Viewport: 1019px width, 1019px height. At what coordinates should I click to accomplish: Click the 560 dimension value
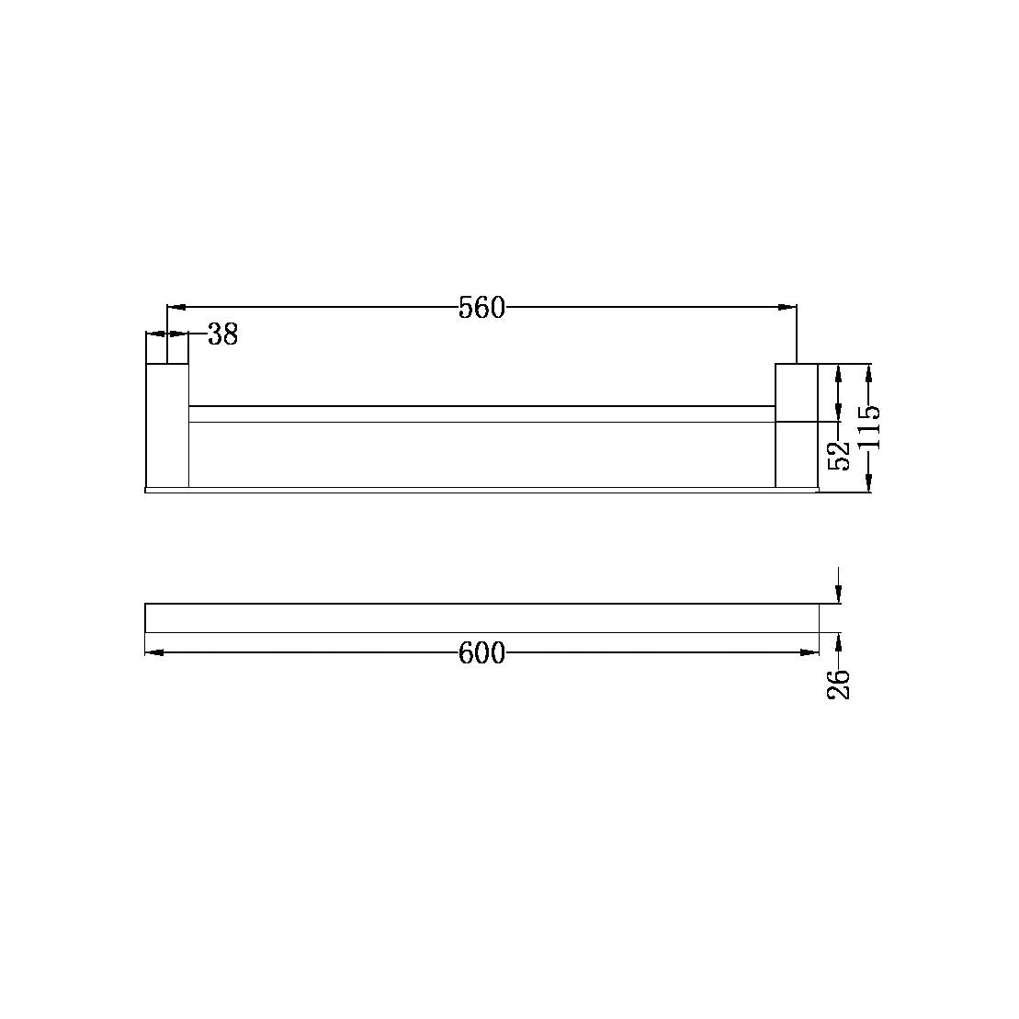coord(481,308)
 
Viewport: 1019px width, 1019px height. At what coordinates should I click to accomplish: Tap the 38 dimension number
coord(222,334)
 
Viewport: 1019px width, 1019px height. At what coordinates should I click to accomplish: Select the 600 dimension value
coord(481,652)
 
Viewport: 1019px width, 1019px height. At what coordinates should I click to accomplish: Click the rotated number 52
coord(838,454)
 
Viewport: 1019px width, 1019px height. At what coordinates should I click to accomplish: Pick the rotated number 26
coord(838,684)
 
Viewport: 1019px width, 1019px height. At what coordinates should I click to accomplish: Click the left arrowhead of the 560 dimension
coord(175,307)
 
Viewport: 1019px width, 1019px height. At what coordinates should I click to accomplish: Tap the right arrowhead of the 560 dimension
coord(787,307)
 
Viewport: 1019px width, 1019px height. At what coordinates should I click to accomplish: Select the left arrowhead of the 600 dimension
coord(154,652)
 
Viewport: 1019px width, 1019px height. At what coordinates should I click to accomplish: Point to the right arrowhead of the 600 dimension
coord(810,652)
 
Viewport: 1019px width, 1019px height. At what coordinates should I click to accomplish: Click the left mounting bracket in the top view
coord(167,425)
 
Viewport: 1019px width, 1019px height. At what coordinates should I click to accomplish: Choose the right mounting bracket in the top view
coord(797,425)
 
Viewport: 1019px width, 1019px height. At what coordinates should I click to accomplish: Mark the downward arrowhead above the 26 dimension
coord(838,596)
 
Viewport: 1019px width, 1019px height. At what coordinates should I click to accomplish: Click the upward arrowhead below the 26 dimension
coord(838,640)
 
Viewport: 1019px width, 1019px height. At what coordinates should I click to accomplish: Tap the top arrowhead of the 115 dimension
coord(869,372)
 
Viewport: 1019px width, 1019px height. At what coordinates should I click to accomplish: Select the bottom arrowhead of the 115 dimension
coord(869,484)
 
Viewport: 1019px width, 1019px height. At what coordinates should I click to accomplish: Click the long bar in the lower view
coord(481,618)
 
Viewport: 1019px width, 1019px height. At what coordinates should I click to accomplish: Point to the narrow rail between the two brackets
coord(481,414)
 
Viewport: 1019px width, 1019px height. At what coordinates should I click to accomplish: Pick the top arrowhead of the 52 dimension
coord(838,372)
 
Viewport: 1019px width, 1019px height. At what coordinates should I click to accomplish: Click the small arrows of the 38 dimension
coord(166,334)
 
